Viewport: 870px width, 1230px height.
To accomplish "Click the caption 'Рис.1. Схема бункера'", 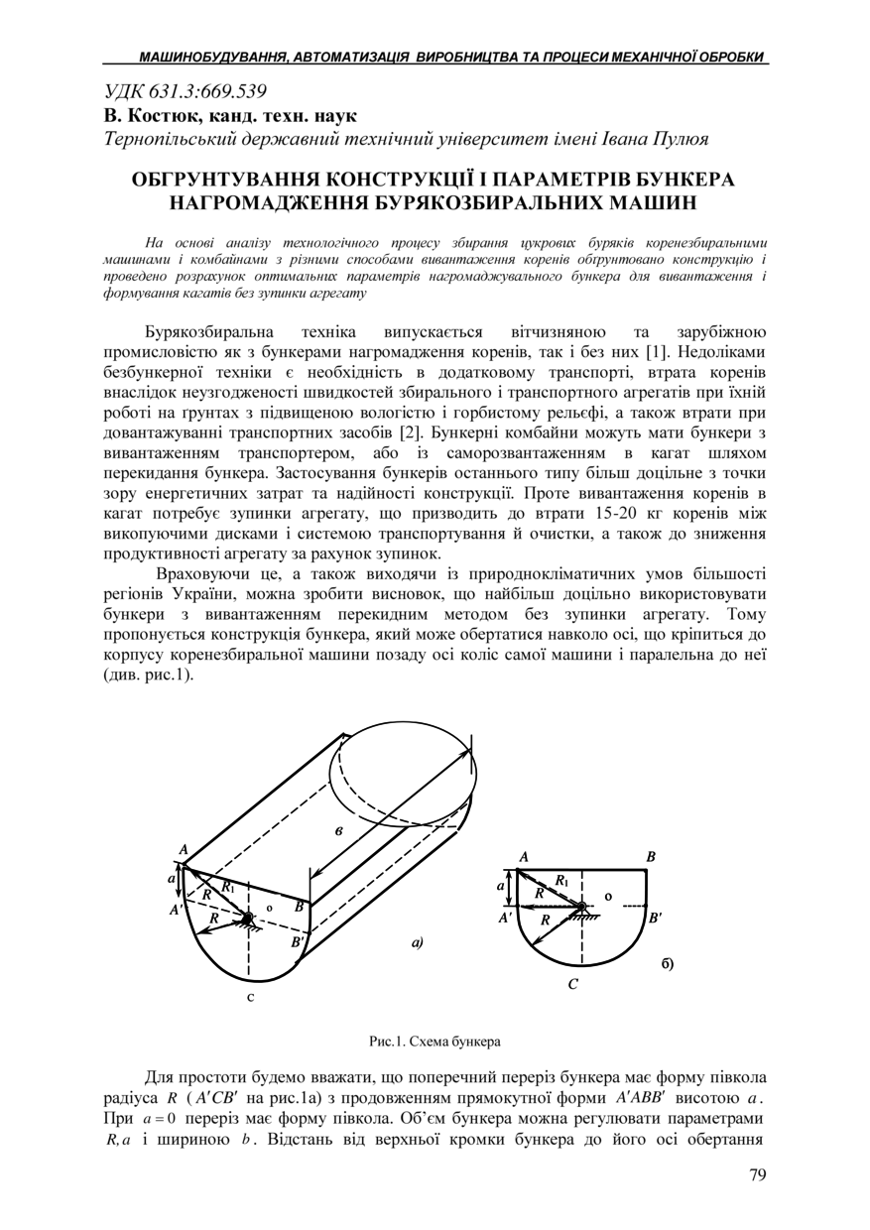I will [435, 1042].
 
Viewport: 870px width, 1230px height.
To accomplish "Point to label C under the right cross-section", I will [573, 984].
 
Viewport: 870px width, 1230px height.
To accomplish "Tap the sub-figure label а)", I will [418, 942].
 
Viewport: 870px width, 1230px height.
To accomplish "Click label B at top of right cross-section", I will [650, 856].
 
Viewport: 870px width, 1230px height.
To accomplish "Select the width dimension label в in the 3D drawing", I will [339, 830].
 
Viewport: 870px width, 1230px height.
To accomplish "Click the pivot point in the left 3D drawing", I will [246, 919].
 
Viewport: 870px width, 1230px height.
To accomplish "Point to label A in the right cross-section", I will [523, 856].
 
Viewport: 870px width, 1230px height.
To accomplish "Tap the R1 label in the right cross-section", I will [561, 879].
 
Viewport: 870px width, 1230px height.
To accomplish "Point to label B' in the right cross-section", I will [654, 919].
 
